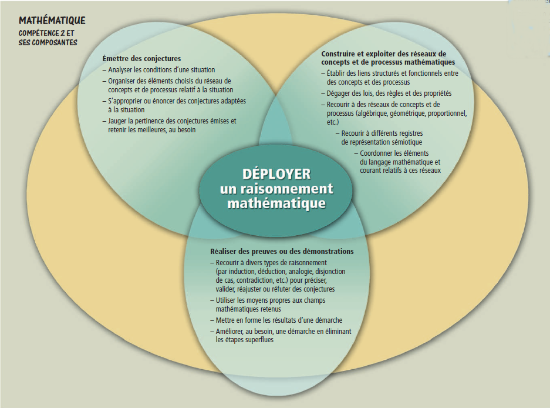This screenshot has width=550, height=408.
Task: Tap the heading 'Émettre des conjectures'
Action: [x=141, y=59]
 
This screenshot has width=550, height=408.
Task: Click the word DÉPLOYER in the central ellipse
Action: [x=276, y=175]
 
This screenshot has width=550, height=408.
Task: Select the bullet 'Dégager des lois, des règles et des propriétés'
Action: [x=389, y=93]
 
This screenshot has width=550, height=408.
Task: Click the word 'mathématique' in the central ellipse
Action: [x=276, y=203]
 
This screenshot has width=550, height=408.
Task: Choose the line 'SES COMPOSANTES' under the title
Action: [x=48, y=42]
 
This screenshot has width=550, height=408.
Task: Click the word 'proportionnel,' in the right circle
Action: [x=447, y=113]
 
